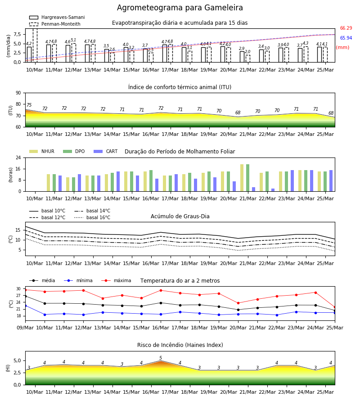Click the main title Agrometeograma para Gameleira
pyautogui.click(x=180, y=8)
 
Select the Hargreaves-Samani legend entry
pyautogui.click(x=57, y=17)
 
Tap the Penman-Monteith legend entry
pyautogui.click(x=55, y=24)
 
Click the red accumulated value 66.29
pyautogui.click(x=346, y=28)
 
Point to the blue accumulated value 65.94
pyautogui.click(x=346, y=38)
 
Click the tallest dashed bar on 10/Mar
pyautogui.click(x=35, y=45)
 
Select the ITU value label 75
pyautogui.click(x=29, y=105)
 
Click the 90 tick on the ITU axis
pyautogui.click(x=18, y=93)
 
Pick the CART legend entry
pyautogui.click(x=106, y=151)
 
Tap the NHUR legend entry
pyautogui.click(x=42, y=151)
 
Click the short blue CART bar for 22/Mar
pyautogui.click(x=273, y=190)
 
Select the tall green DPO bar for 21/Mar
pyautogui.click(x=247, y=178)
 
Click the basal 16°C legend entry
pyautogui.click(x=92, y=217)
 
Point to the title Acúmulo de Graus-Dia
pyautogui.click(x=180, y=216)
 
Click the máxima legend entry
pyautogui.click(x=116, y=280)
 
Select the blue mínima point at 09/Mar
pyautogui.click(x=25, y=306)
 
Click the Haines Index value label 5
pyautogui.click(x=161, y=358)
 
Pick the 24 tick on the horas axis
pyautogui.click(x=18, y=157)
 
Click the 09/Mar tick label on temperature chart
pyautogui.click(x=25, y=328)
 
